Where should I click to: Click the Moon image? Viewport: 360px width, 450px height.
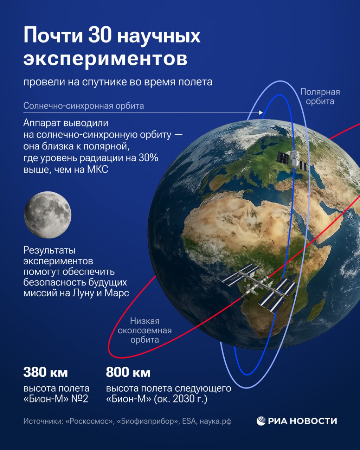(48, 215)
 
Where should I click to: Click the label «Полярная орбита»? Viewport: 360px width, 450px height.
(320, 97)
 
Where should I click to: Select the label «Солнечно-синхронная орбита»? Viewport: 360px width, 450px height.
(84, 106)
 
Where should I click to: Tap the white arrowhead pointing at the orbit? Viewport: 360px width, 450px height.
(261, 112)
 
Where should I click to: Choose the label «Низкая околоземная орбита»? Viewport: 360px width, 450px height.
(145, 330)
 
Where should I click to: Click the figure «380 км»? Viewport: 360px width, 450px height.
(46, 372)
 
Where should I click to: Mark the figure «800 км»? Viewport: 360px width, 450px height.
(128, 372)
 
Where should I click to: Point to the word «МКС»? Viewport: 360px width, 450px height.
(97, 169)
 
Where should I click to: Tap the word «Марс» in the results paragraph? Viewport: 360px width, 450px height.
(117, 293)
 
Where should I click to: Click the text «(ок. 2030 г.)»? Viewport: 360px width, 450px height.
(181, 399)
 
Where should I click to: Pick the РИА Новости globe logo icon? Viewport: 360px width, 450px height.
(261, 421)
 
